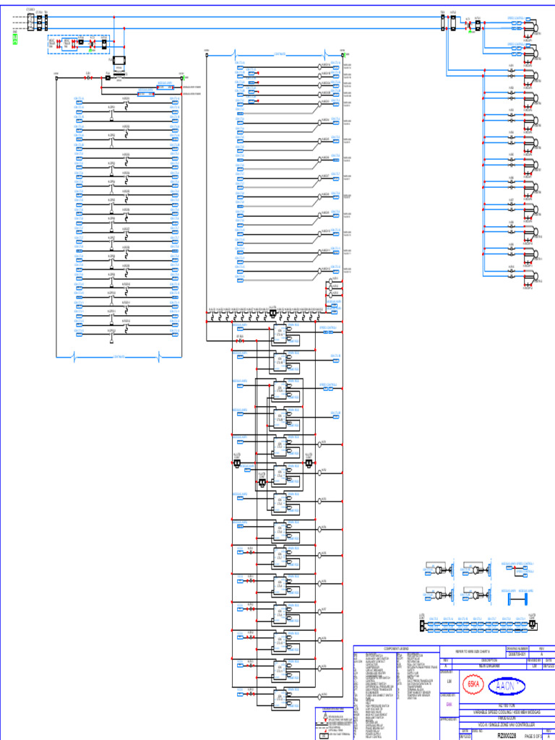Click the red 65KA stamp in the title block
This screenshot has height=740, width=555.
(474, 684)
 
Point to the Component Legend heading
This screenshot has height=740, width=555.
(396, 648)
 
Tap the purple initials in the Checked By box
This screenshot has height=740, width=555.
(449, 704)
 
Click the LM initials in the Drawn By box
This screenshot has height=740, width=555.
(449, 681)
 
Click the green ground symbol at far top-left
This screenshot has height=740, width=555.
(14, 38)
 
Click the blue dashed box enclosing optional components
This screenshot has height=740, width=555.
(78, 43)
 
